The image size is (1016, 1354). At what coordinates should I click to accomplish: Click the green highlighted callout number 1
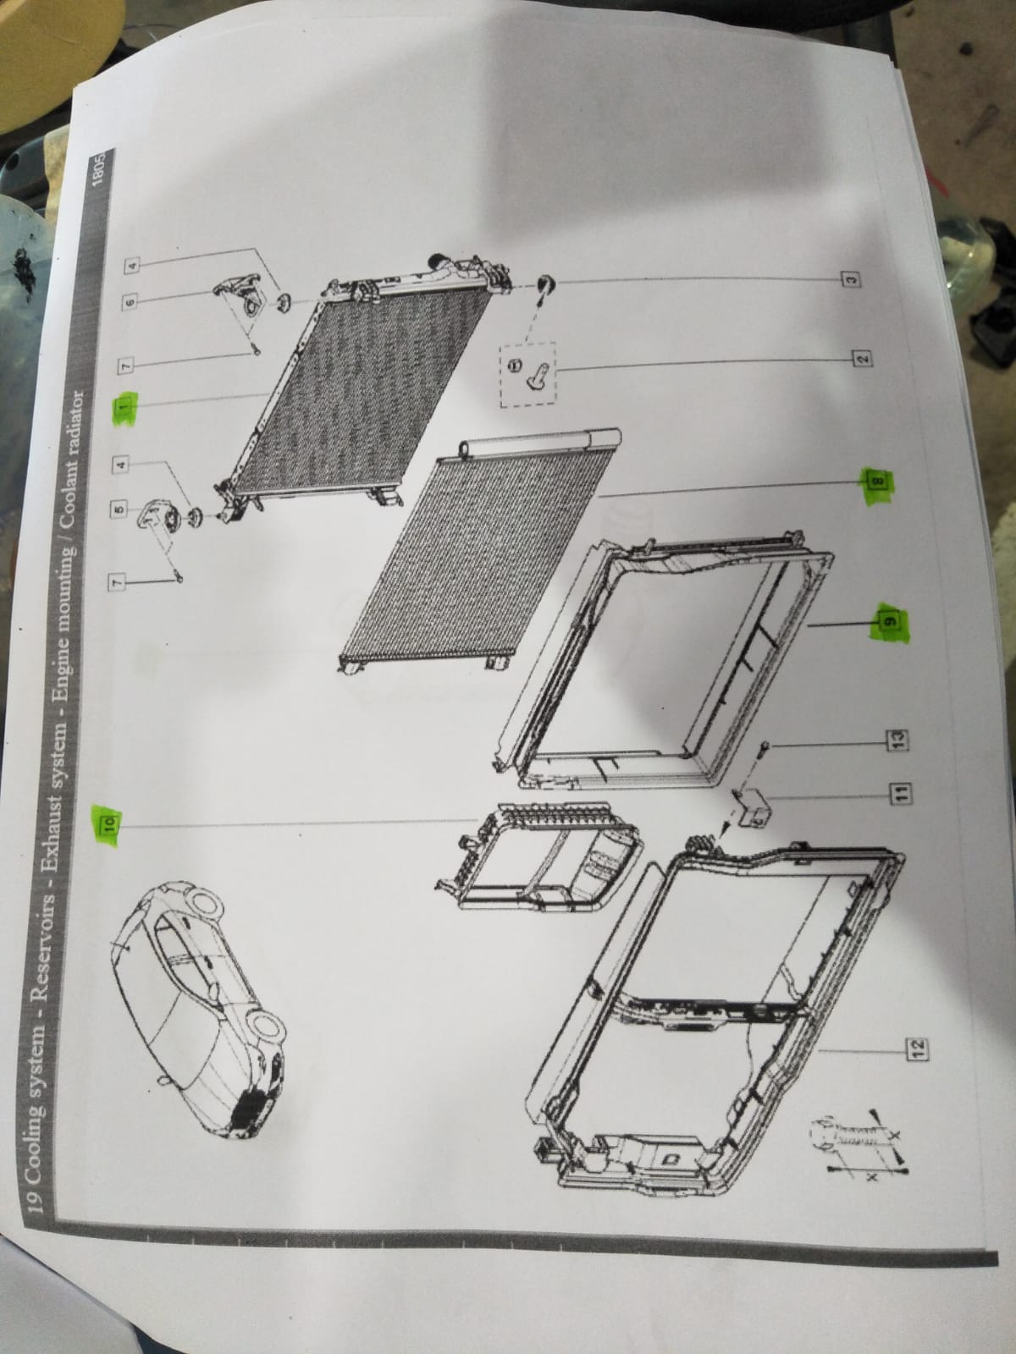[x=124, y=408]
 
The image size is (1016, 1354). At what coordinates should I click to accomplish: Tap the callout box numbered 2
[x=863, y=357]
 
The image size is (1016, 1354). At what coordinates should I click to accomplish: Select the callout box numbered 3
[x=852, y=279]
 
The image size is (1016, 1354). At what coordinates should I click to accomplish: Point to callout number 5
[x=121, y=509]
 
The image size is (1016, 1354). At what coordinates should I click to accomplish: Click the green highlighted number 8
[x=879, y=479]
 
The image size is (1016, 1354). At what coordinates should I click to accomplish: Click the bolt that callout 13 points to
[x=760, y=751]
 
